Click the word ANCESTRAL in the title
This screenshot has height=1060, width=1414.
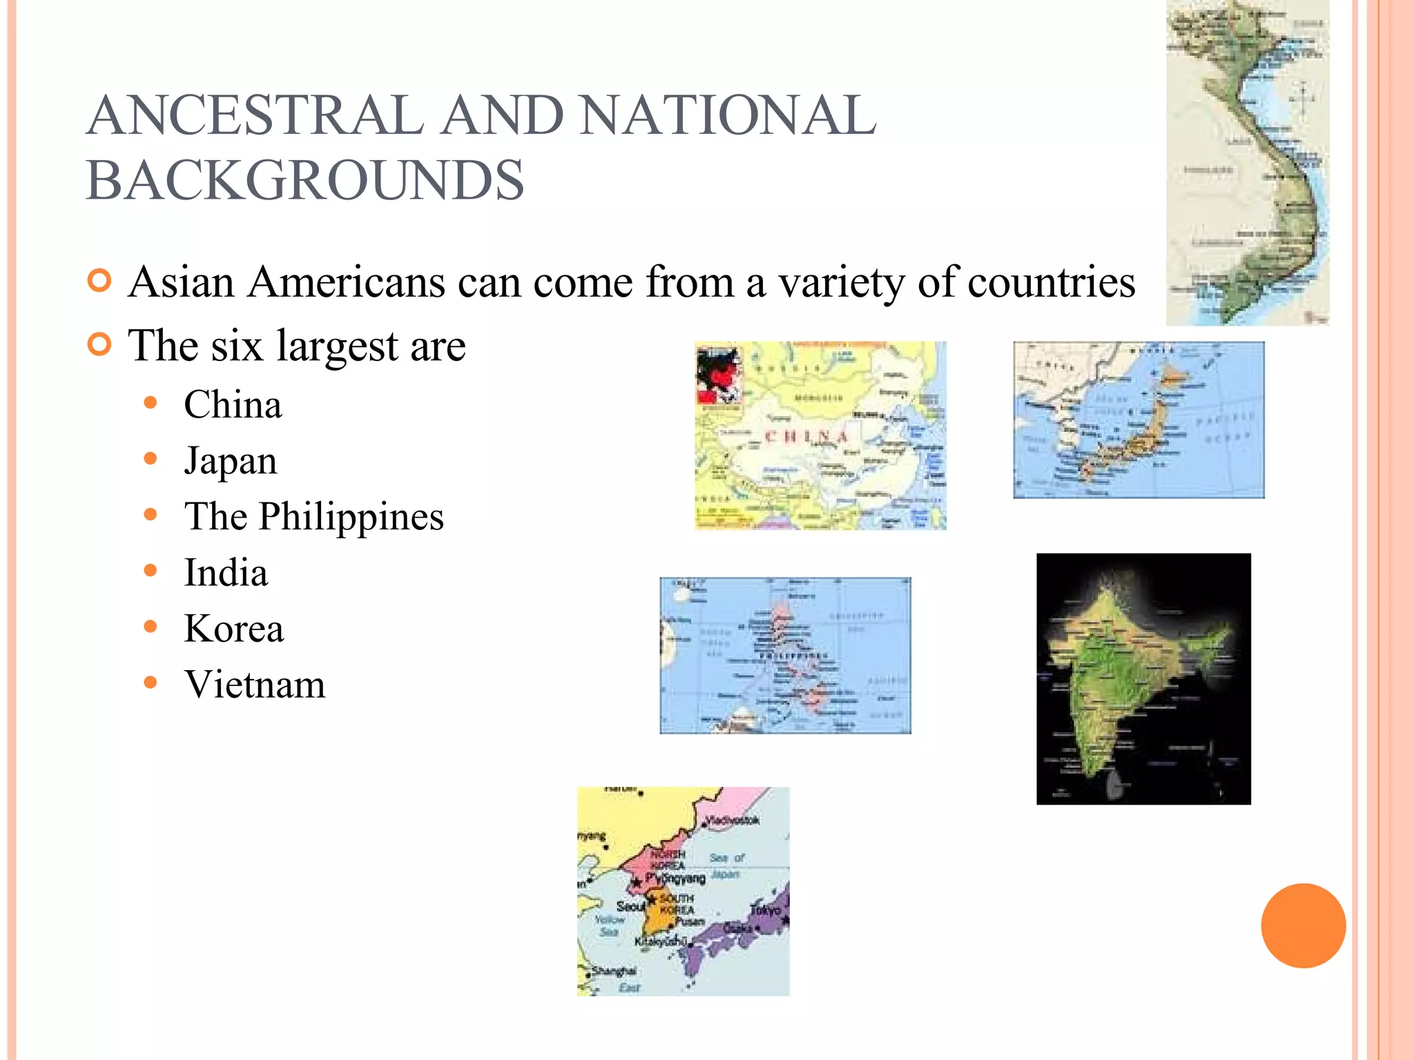tap(255, 116)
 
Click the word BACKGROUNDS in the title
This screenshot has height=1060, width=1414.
tap(305, 181)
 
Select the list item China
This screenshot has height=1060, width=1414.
tap(233, 404)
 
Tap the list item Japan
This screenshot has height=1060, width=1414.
tap(231, 461)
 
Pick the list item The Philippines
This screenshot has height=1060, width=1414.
tap(314, 517)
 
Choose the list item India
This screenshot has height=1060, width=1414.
tap(226, 573)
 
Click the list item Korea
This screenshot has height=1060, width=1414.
tap(234, 629)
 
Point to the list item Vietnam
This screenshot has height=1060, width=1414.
tap(255, 685)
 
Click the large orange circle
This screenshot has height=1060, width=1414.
tap(1303, 925)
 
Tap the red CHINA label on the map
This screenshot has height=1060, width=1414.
tap(806, 437)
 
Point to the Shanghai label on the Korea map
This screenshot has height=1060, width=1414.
tap(614, 971)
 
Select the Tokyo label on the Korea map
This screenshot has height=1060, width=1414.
tap(765, 910)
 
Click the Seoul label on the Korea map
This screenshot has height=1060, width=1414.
tap(630, 906)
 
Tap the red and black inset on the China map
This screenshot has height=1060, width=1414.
tap(719, 375)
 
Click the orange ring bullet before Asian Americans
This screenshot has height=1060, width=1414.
tap(100, 281)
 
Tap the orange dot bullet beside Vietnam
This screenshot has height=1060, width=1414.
tap(151, 683)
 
